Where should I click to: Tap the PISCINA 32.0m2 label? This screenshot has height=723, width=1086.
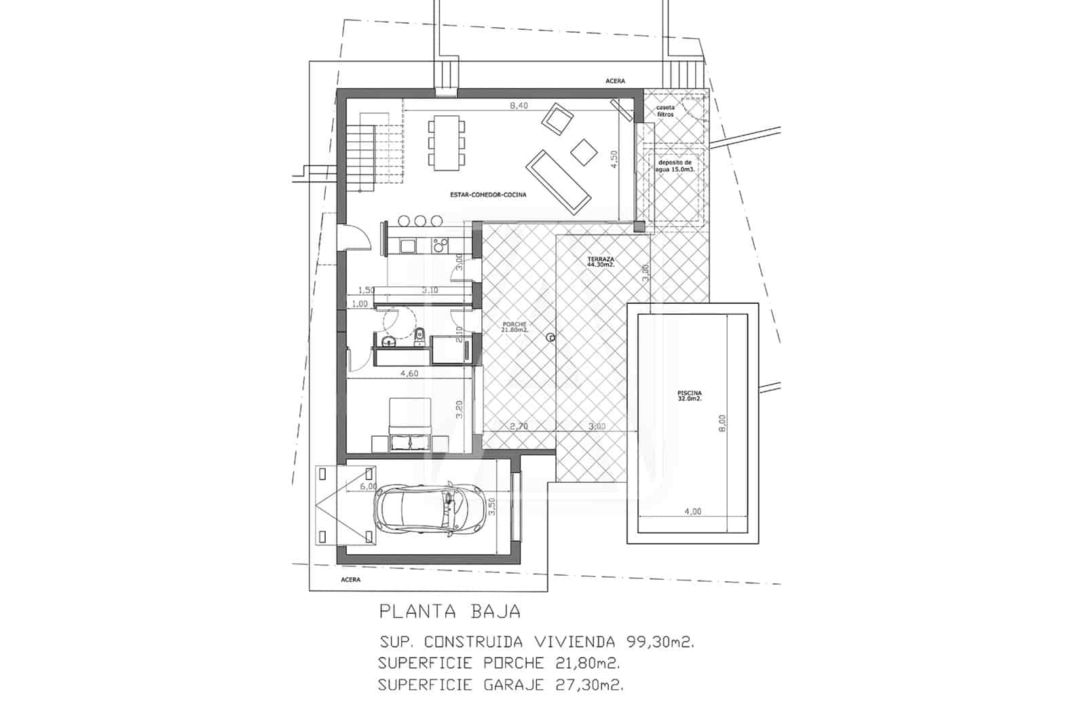(x=689, y=396)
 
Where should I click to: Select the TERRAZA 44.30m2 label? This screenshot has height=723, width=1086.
(x=601, y=262)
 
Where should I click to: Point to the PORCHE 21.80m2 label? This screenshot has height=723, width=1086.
(x=514, y=327)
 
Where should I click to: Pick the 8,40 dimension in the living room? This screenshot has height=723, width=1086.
(x=519, y=105)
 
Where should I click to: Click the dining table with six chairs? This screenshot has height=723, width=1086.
(x=447, y=143)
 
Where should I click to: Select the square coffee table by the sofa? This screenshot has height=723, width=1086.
(x=582, y=150)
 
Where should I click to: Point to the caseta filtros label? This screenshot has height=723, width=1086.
(x=665, y=111)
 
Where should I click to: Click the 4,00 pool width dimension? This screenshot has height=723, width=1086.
(x=692, y=511)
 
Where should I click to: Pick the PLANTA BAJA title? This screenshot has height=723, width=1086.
(x=450, y=612)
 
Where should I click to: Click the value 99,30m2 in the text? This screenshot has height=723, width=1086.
(x=656, y=642)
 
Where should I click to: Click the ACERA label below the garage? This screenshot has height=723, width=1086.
(x=350, y=580)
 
